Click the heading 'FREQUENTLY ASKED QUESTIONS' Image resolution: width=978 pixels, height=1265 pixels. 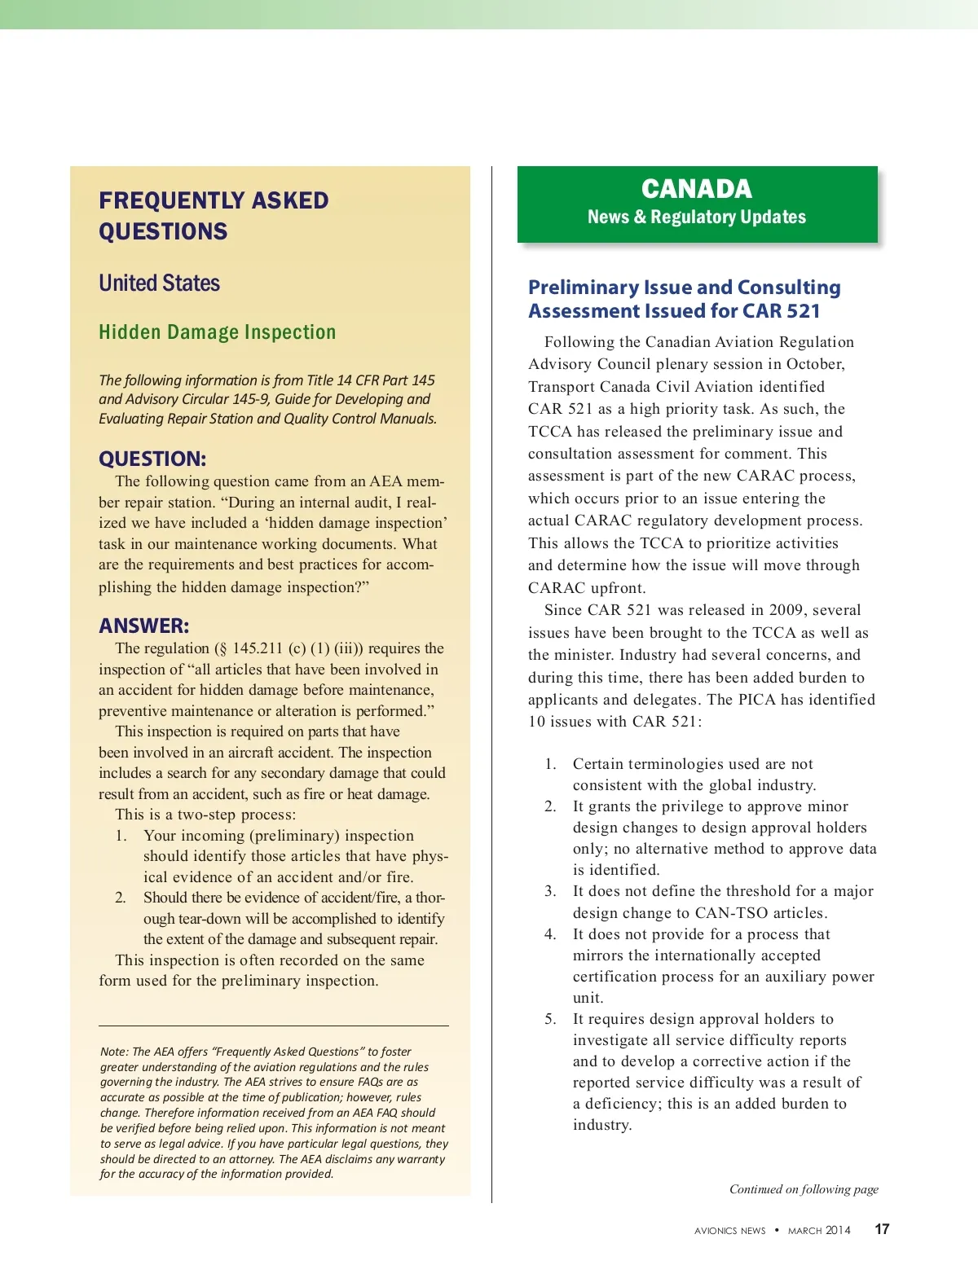[214, 216]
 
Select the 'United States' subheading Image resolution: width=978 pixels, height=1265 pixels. [160, 283]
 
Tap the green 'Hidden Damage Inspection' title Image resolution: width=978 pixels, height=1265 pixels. [217, 332]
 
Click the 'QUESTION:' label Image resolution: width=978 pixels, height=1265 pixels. [152, 459]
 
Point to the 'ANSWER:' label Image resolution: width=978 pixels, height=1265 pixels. [144, 626]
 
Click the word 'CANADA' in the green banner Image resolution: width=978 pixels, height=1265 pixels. [697, 189]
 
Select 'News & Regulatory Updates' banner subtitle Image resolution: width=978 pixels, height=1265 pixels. [697, 217]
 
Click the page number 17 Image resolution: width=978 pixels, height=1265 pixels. [882, 1229]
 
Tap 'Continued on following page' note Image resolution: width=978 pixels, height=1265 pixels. [804, 1189]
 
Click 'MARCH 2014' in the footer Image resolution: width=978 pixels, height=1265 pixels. [819, 1231]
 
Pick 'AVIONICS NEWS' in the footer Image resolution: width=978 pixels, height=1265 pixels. [730, 1231]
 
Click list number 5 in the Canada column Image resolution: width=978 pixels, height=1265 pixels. [551, 1019]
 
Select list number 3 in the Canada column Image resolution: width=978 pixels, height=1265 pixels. [551, 891]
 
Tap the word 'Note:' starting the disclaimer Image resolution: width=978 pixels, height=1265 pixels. [114, 1052]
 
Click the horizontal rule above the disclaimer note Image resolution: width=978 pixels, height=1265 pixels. [274, 1026]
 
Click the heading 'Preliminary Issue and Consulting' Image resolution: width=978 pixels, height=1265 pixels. [685, 288]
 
